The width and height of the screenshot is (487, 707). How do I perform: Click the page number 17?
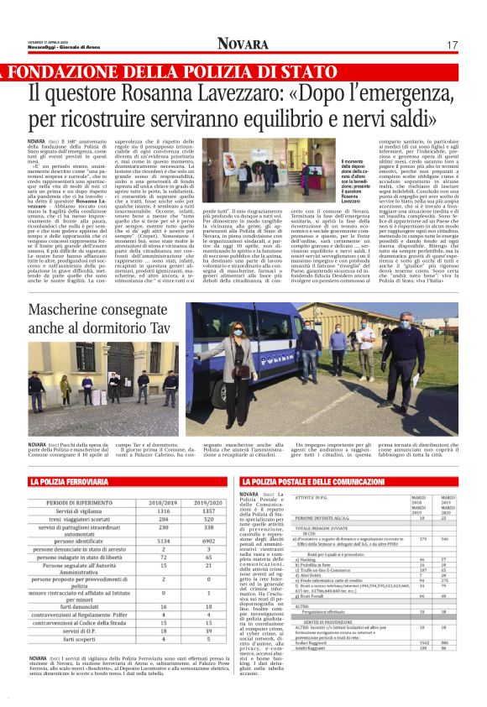pyautogui.click(x=452, y=44)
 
